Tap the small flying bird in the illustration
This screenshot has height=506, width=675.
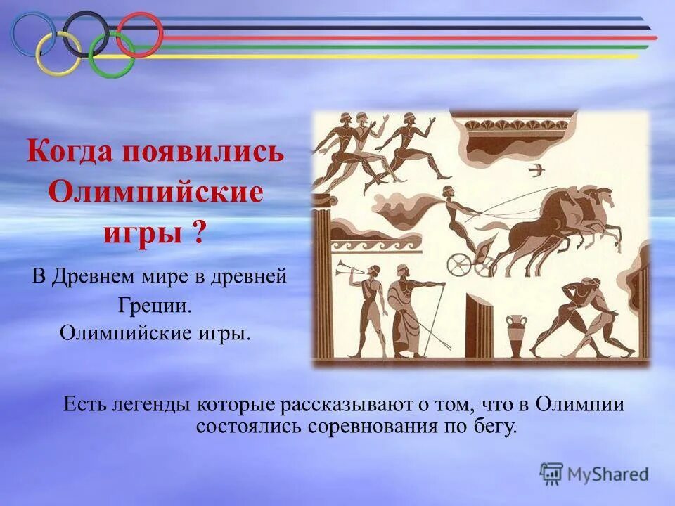point(539,169)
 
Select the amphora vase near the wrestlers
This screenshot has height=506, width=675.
point(517,335)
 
